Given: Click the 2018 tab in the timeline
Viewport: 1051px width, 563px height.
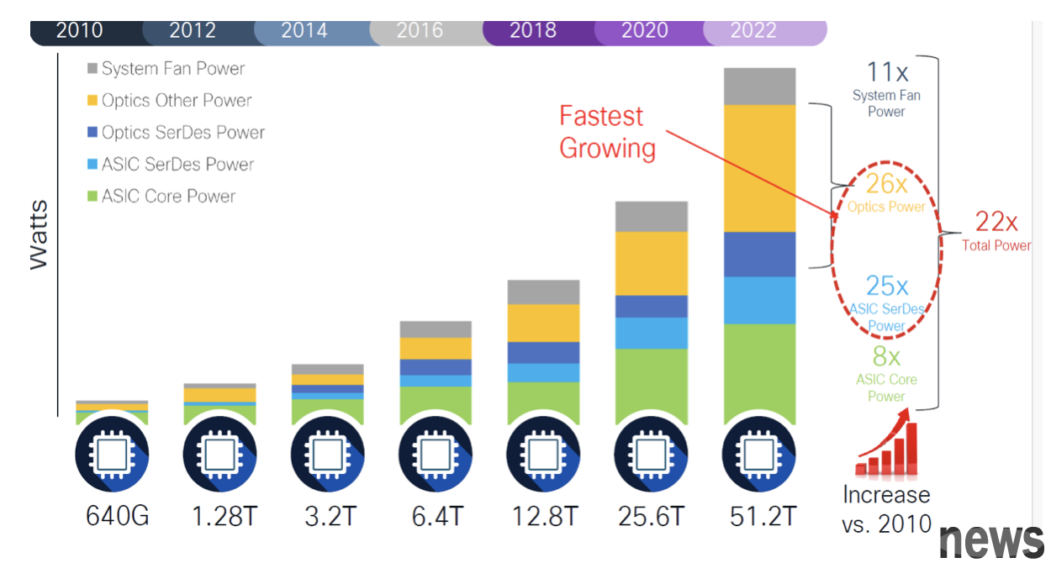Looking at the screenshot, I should (532, 31).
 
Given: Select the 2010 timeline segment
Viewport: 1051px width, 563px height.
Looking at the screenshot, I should (79, 31).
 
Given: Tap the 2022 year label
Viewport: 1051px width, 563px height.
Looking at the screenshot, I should (753, 31).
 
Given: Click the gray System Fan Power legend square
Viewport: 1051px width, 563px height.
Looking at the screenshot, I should (92, 68).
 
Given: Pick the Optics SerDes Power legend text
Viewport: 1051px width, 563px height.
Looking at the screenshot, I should (182, 133).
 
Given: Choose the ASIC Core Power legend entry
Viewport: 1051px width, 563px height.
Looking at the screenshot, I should (168, 197).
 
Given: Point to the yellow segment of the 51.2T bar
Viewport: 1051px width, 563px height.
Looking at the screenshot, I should (759, 168).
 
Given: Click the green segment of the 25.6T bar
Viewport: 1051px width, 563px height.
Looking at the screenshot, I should (652, 386).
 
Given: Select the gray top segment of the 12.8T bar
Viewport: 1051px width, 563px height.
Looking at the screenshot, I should (543, 292).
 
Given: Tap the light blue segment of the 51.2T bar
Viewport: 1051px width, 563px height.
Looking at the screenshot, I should (759, 300).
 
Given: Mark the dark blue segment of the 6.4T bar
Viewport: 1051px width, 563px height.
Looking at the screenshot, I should (436, 367).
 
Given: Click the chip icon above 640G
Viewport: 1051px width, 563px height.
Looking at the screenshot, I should (112, 455).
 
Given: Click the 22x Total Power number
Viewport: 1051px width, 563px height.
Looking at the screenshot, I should (996, 222).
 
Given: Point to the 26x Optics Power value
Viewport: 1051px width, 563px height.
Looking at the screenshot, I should (886, 182).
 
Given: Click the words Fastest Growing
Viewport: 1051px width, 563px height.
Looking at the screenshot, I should (607, 132).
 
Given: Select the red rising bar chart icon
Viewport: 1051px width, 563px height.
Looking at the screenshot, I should (886, 450).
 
